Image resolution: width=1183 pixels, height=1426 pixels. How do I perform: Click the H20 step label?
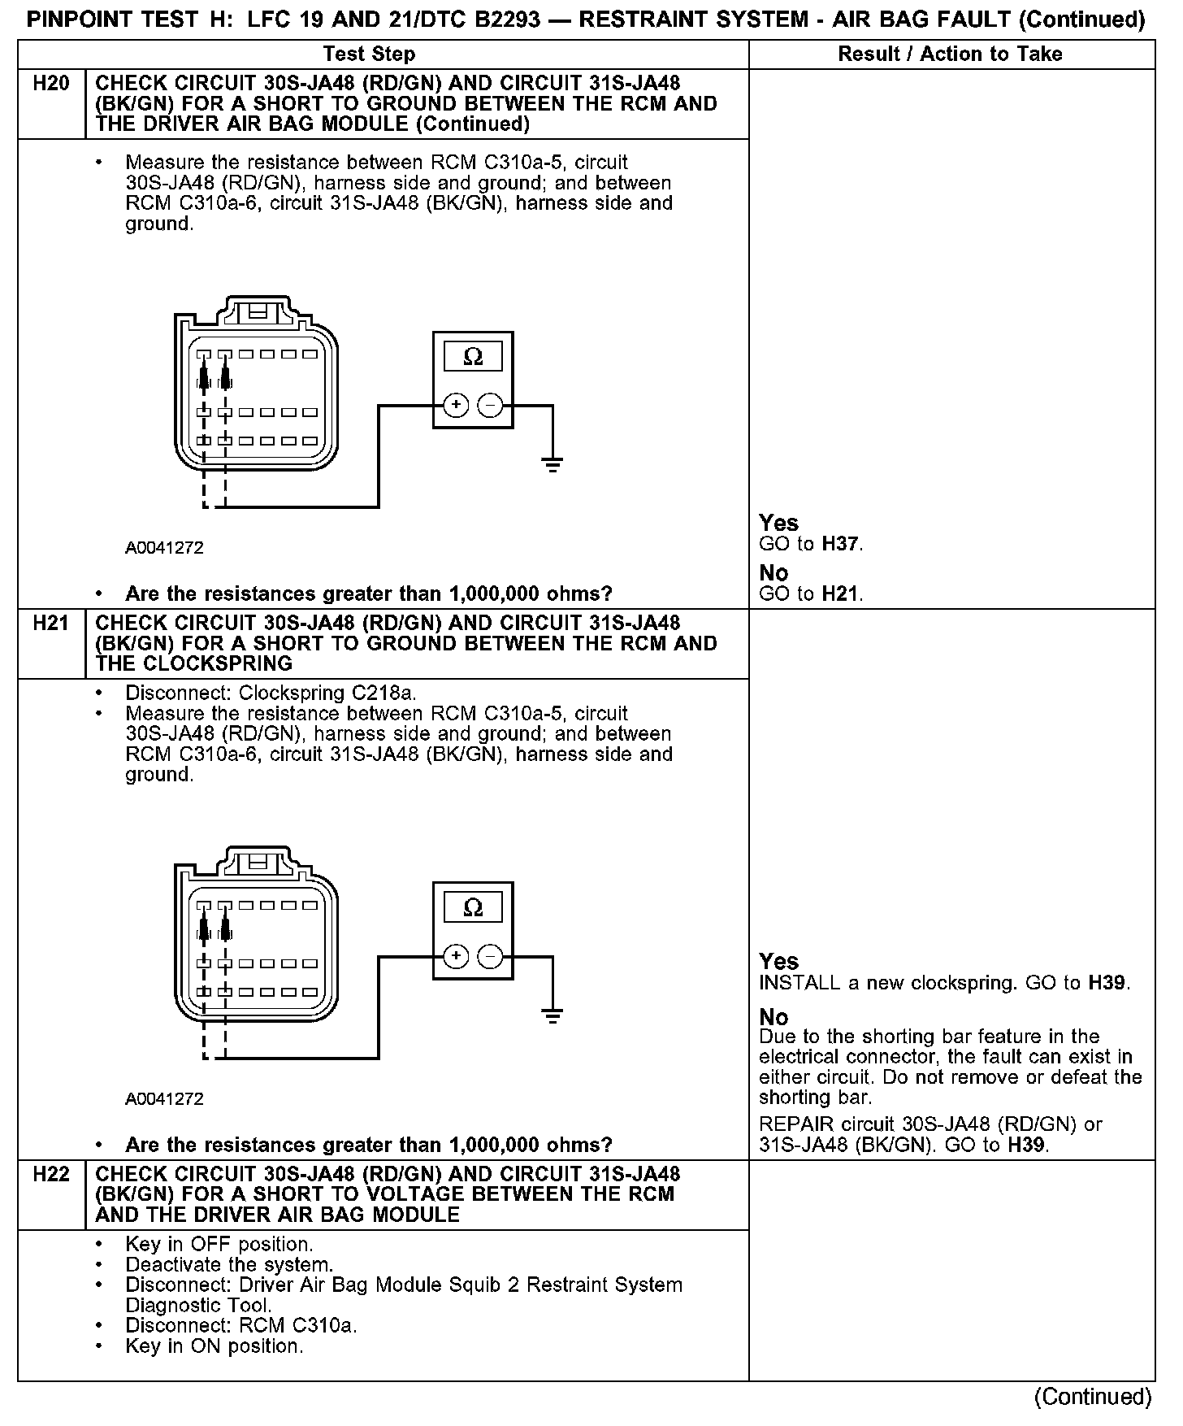click(x=50, y=84)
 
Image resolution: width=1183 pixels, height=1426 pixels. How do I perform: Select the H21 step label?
click(x=50, y=624)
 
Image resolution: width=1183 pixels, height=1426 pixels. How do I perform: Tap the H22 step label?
click(x=50, y=1175)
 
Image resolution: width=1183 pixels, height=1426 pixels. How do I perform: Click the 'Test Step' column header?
click(x=369, y=54)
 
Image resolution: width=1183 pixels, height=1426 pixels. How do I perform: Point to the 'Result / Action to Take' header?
click(x=950, y=54)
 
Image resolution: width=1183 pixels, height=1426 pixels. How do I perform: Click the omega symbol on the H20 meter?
click(x=472, y=357)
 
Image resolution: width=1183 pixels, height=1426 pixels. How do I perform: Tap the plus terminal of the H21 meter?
click(x=457, y=956)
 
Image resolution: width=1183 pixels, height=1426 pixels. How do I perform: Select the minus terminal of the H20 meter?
click(x=490, y=405)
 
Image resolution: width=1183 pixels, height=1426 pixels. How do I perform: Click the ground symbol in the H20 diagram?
click(x=552, y=465)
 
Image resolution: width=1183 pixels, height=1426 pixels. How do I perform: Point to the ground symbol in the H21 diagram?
click(x=552, y=1016)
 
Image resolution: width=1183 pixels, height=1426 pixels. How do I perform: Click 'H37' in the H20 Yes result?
click(x=840, y=544)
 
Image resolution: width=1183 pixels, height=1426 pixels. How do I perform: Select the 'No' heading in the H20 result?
click(x=773, y=573)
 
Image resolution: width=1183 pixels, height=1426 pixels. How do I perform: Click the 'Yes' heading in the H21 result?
click(x=778, y=962)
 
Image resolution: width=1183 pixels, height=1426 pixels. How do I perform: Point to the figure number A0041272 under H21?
click(x=164, y=1099)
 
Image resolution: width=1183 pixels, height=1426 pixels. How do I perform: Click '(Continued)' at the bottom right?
click(x=1093, y=1397)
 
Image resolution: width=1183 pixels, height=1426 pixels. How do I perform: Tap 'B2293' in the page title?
click(x=498, y=20)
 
